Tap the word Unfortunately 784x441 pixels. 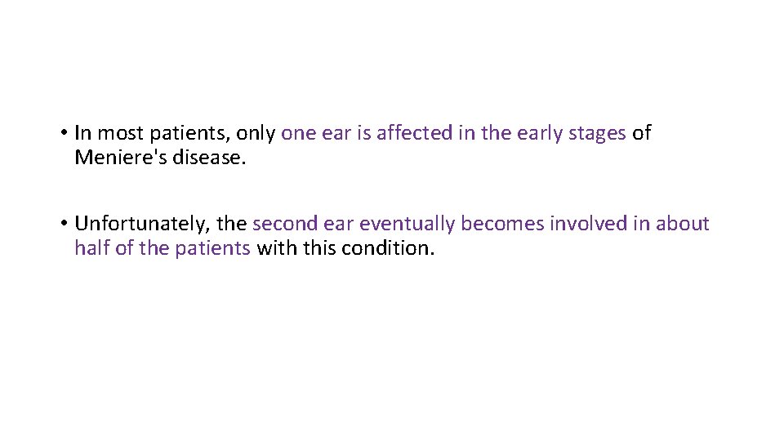pos(142,224)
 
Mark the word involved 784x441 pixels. pos(587,224)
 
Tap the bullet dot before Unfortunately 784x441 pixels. pos(63,224)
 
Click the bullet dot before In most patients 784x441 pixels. pos(63,133)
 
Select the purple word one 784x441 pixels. pos(297,133)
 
